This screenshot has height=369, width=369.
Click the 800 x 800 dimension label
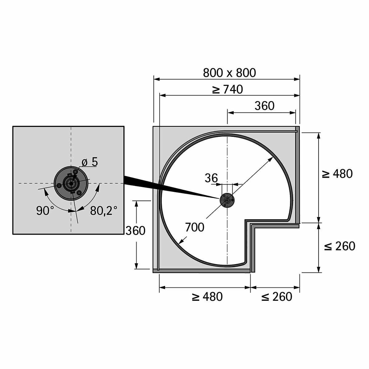click(x=229, y=73)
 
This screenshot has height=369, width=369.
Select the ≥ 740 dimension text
click(x=228, y=89)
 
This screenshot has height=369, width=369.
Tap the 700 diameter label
click(x=195, y=228)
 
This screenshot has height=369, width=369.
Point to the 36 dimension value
click(x=211, y=178)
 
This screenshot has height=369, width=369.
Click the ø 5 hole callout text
click(x=89, y=162)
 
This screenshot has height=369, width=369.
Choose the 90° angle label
click(x=45, y=211)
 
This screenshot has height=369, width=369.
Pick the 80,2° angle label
click(x=104, y=211)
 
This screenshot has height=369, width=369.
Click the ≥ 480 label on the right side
click(x=337, y=174)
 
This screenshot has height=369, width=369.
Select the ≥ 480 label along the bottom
click(x=207, y=297)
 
